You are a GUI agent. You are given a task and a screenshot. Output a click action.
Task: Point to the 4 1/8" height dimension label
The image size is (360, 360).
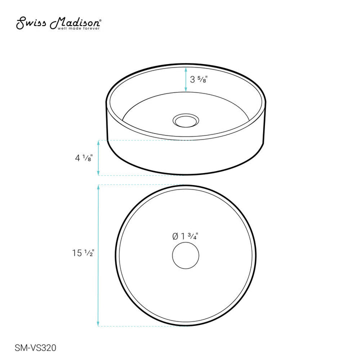pos(83,158)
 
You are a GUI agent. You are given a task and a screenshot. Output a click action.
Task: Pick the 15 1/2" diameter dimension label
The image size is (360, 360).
pos(82,253)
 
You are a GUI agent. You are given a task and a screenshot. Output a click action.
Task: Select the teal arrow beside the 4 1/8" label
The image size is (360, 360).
pos(98,158)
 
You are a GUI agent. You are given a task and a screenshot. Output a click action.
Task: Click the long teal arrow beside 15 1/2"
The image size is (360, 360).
pos(98,255)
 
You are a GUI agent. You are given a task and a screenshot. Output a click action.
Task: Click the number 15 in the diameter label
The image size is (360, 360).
pos(77,253)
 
